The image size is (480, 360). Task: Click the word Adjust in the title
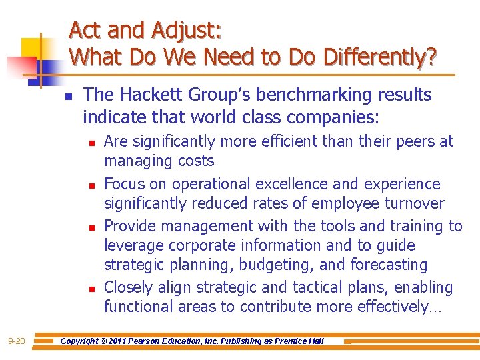point(185,31)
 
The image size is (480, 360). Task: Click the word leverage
point(131,245)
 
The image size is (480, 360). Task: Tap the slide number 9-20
point(17,341)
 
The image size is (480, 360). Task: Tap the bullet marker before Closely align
point(91,289)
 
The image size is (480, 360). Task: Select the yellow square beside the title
point(32,48)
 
